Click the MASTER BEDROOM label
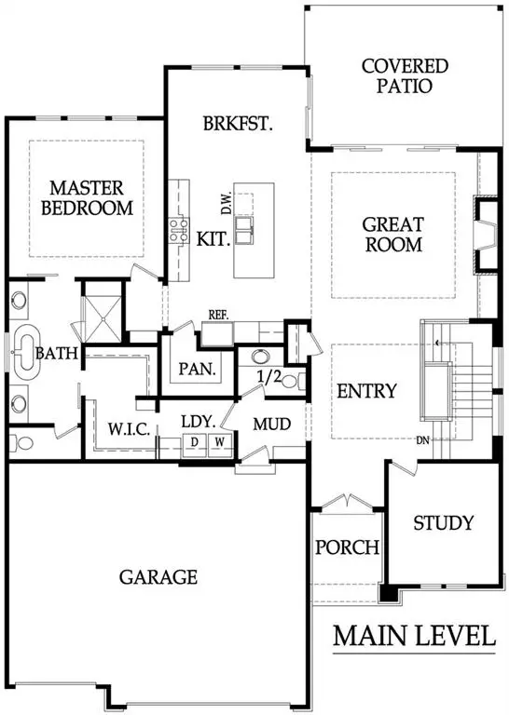(x=87, y=197)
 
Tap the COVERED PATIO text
(x=405, y=76)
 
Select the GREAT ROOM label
(x=392, y=235)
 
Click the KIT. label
(x=213, y=238)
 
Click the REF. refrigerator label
(x=219, y=315)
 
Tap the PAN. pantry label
(x=198, y=369)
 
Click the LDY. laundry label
(x=199, y=421)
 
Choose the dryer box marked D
(x=196, y=441)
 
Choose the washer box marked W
(x=220, y=441)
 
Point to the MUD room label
(x=272, y=425)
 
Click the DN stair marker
(x=422, y=440)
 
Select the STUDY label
(x=443, y=522)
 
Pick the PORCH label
(x=347, y=546)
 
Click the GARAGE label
(x=158, y=577)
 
